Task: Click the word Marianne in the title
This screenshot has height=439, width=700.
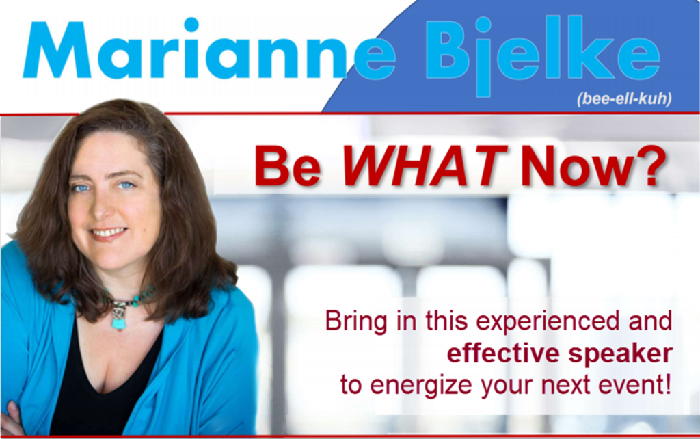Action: pyautogui.click(x=209, y=49)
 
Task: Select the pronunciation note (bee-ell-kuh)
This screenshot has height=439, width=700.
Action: pyautogui.click(x=624, y=99)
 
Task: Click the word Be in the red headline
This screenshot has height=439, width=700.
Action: pyautogui.click(x=288, y=165)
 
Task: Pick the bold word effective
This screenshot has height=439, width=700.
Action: pyautogui.click(x=503, y=354)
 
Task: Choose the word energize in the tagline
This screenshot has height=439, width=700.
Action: pyautogui.click(x=421, y=386)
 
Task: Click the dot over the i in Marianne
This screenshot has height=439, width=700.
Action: pyautogui.click(x=191, y=24)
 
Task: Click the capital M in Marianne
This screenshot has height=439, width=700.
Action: pyautogui.click(x=57, y=49)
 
